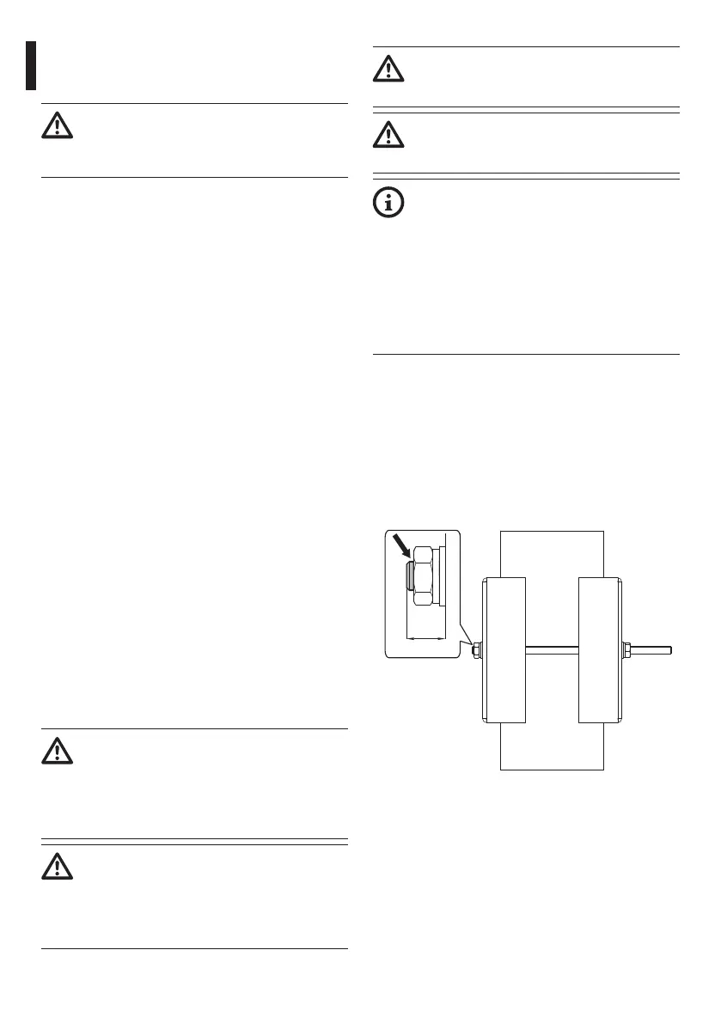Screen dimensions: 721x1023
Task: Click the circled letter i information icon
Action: point(389,202)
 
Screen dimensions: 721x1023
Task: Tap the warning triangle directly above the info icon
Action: point(389,135)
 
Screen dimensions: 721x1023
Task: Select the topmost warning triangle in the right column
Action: point(389,70)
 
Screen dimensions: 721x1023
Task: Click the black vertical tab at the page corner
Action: point(31,65)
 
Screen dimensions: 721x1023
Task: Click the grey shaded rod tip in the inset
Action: point(411,575)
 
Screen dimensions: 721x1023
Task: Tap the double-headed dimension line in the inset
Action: point(426,637)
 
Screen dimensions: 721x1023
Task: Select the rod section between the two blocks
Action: point(552,649)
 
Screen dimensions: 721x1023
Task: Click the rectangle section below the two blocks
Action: point(552,746)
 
